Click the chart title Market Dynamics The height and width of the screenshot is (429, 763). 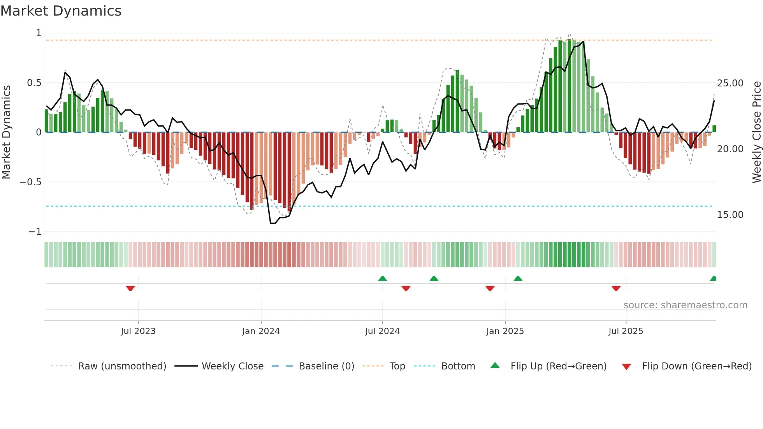pos(61,11)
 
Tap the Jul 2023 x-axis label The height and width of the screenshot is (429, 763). pos(138,331)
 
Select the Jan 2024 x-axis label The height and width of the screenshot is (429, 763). pos(261,331)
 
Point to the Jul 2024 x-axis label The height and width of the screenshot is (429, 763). pos(382,331)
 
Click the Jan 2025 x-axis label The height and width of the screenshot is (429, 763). pos(505,331)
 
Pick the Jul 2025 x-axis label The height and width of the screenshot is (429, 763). pos(626,331)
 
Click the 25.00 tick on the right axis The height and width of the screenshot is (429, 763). pos(730,83)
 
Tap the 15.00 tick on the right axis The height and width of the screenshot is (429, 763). pos(730,215)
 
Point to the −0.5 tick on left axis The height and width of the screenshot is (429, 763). pos(30,182)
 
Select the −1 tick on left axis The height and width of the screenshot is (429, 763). pos(35,232)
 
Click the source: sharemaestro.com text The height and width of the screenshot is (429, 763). pos(685,305)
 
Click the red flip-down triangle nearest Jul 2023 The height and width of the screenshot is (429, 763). pos(130,288)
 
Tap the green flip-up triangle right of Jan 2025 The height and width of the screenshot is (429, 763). pos(518,278)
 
